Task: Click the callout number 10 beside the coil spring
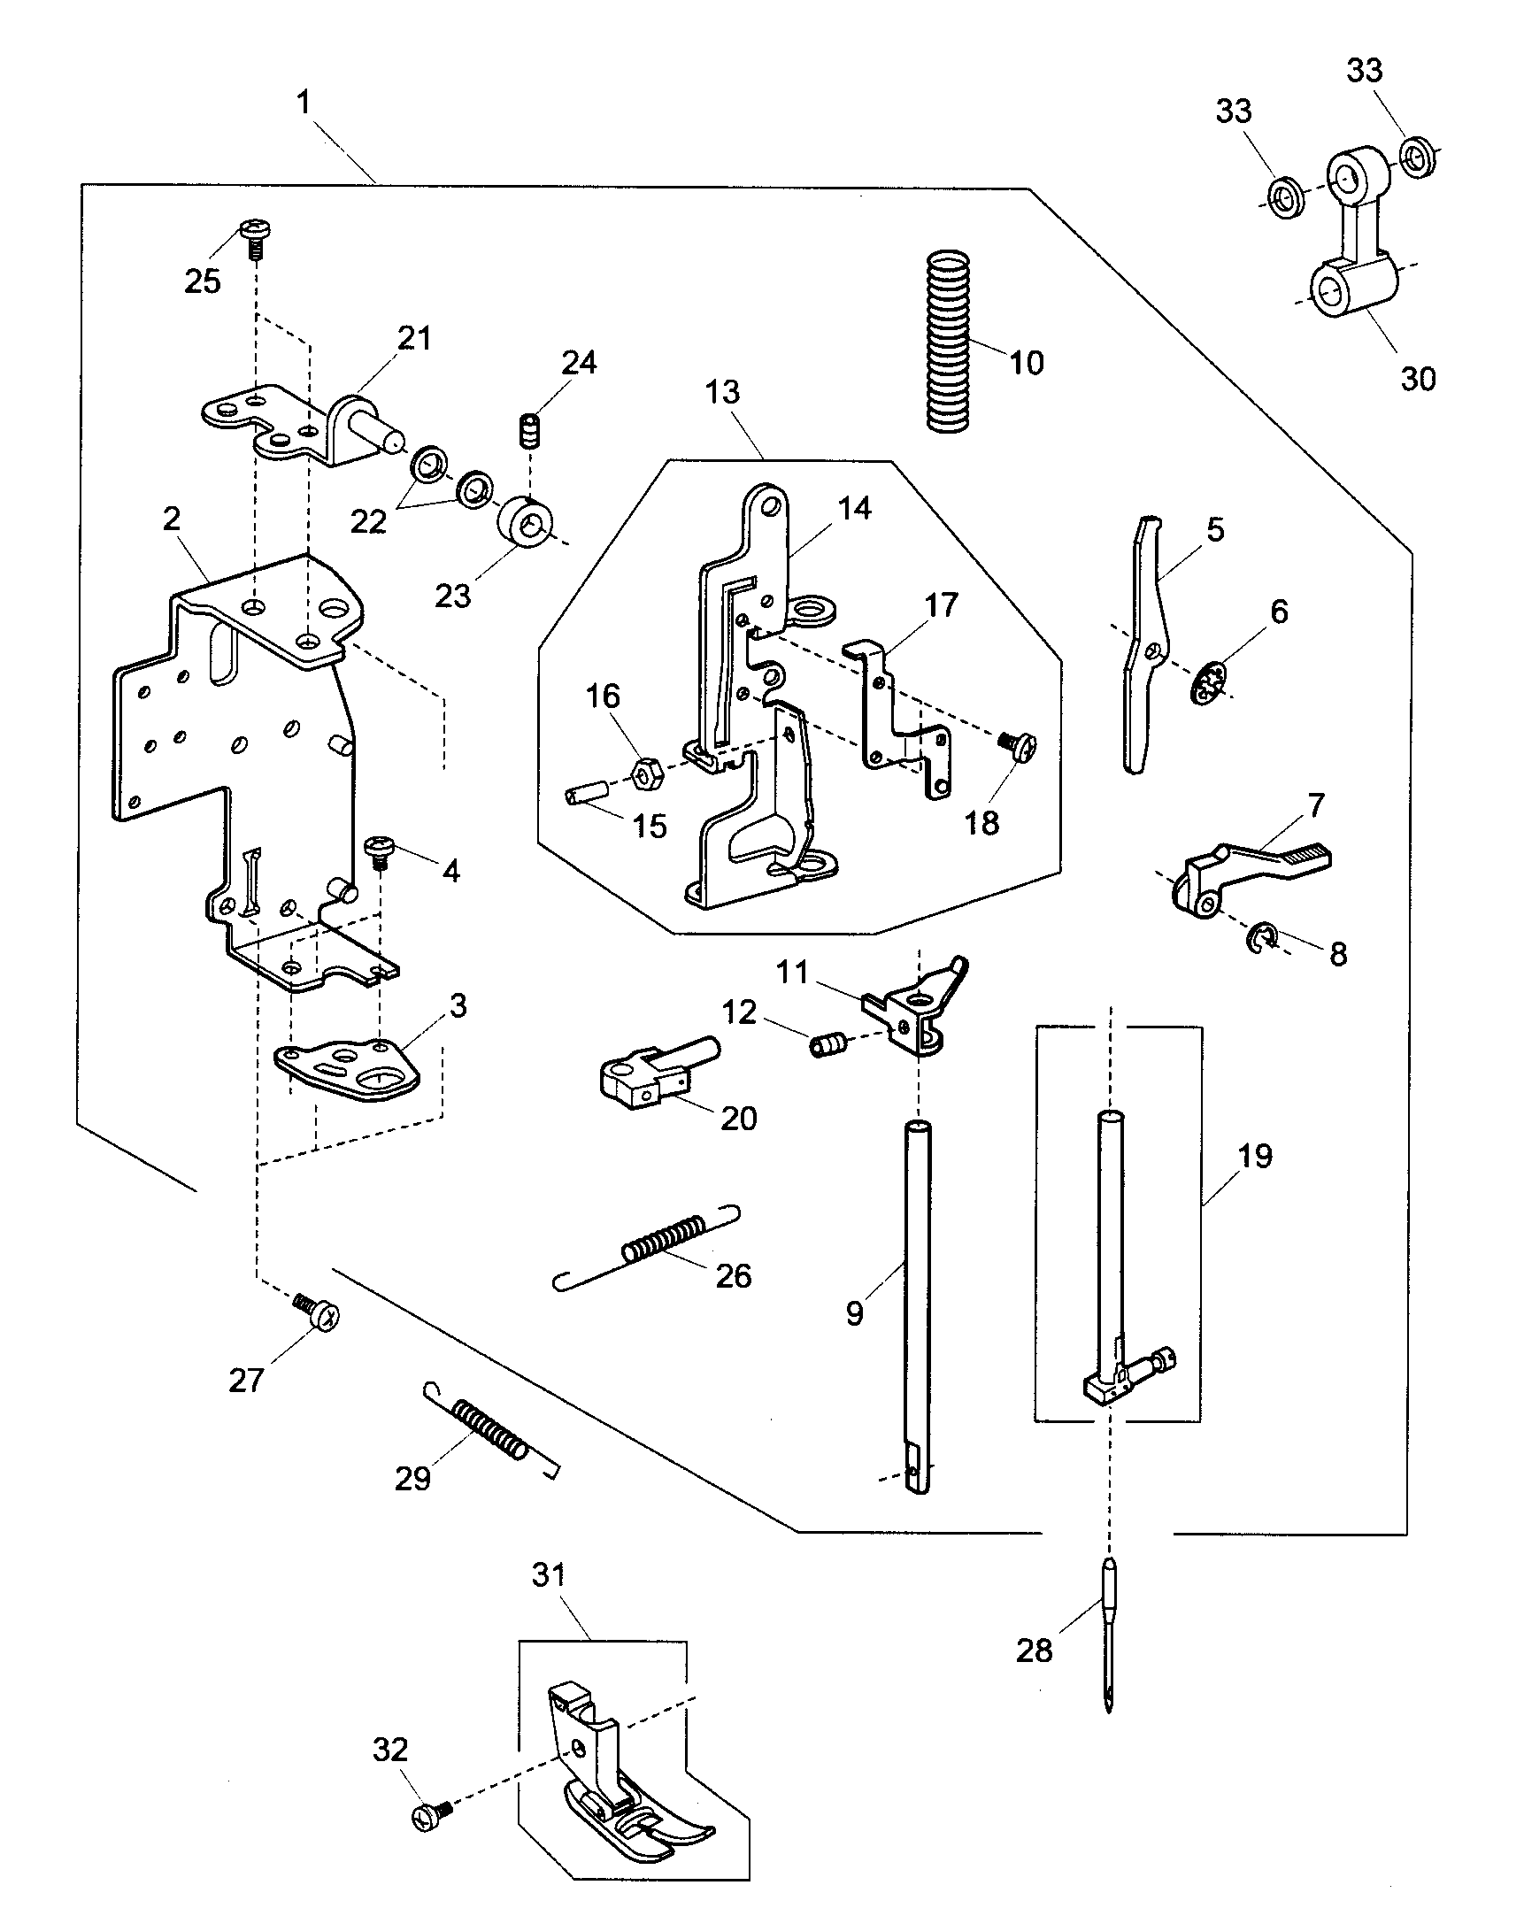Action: (x=1027, y=363)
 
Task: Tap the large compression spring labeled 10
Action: (x=947, y=342)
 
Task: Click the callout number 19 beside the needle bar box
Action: (x=1255, y=1156)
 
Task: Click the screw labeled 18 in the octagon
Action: (x=1020, y=743)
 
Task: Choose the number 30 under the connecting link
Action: (x=1418, y=379)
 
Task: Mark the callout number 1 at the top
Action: (x=304, y=103)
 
